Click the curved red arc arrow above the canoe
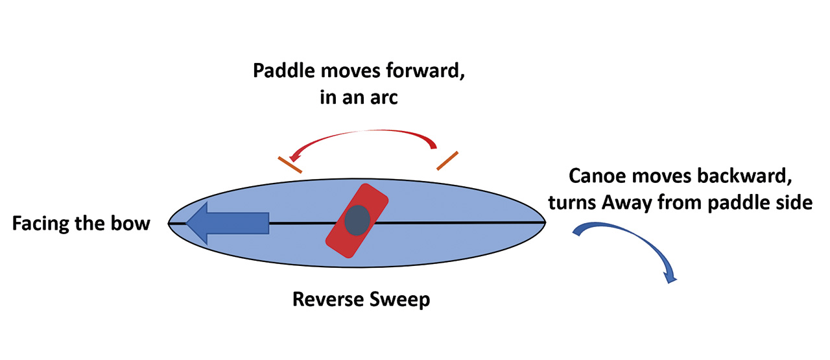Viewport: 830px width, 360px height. coord(363,134)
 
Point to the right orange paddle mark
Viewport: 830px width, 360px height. coord(447,161)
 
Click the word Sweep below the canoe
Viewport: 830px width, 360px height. coord(403,300)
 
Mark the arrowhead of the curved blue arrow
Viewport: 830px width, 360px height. coord(669,277)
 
